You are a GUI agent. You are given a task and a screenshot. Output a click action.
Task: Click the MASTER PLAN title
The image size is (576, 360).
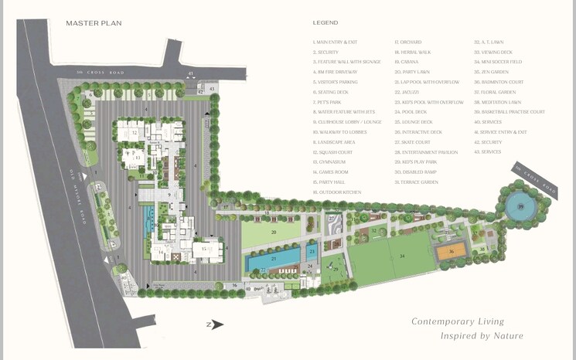tap(94, 23)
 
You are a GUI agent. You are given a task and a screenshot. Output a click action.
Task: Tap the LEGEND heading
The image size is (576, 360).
tap(325, 23)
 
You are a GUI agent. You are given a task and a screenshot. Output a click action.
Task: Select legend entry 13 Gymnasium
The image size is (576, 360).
tap(333, 162)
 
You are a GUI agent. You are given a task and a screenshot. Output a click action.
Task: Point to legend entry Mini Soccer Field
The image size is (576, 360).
tap(498, 62)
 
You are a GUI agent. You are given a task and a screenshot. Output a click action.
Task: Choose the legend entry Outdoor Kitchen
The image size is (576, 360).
tap(337, 192)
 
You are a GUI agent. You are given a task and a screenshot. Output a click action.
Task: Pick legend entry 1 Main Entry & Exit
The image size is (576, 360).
tap(335, 42)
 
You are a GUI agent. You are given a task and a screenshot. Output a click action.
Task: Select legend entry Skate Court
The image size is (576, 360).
tap(412, 142)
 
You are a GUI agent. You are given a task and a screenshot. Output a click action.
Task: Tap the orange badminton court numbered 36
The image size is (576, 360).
tap(451, 251)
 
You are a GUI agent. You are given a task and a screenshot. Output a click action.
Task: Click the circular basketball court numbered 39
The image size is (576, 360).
tap(520, 207)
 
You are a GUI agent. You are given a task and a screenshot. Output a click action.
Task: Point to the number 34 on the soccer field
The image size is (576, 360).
tap(402, 256)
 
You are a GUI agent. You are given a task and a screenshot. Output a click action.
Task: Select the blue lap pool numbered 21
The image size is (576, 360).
tap(274, 258)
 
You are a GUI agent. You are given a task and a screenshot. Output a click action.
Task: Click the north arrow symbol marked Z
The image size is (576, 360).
tap(215, 325)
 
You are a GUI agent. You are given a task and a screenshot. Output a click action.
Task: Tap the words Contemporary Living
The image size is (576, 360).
tap(457, 321)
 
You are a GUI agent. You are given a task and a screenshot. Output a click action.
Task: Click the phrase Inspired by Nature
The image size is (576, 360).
tap(482, 336)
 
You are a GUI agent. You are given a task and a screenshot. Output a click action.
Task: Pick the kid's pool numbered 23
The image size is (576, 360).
tap(312, 250)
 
